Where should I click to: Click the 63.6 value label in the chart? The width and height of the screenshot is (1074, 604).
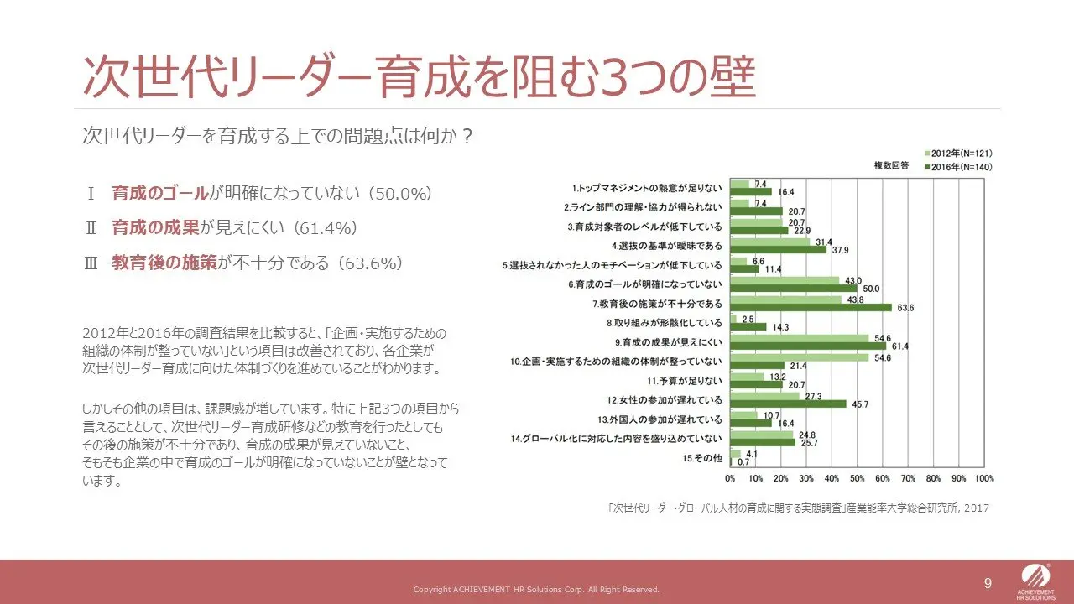(905, 308)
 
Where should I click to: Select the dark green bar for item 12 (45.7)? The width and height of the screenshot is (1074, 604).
(788, 404)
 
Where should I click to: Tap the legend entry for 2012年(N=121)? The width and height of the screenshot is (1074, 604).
(958, 154)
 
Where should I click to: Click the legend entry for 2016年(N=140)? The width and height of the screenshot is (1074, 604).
(958, 167)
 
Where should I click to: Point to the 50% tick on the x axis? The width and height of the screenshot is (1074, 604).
(858, 478)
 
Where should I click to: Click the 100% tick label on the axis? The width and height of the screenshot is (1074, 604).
(984, 478)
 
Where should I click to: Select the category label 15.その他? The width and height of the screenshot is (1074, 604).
(702, 458)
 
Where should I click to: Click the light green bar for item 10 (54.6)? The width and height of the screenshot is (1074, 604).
(799, 357)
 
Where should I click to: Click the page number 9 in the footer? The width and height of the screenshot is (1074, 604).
(988, 583)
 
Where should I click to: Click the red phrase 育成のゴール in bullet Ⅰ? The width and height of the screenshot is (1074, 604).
(159, 194)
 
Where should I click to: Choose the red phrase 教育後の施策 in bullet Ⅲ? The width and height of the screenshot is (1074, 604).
(164, 263)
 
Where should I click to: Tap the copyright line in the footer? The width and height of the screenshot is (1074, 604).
(536, 590)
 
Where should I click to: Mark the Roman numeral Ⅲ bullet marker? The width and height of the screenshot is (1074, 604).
(91, 263)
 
